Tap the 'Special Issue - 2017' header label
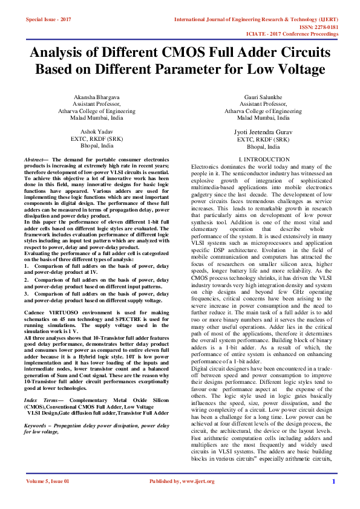48,20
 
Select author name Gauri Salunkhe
263,97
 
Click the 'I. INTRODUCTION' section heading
264,160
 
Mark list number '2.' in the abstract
27,280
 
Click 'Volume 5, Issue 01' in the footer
48,498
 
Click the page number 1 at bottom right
333,498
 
